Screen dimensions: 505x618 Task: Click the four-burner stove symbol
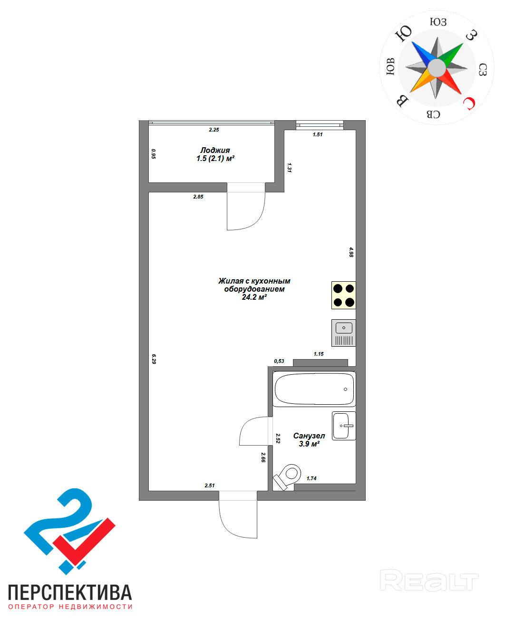pos(343,295)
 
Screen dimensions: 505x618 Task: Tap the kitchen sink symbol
pos(343,333)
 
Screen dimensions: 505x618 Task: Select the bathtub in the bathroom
pos(314,389)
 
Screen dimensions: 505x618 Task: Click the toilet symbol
pos(288,476)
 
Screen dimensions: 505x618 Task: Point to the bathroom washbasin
pos(343,426)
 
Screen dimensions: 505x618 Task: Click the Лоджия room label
pos(215,150)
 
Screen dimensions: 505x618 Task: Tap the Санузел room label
pos(309,436)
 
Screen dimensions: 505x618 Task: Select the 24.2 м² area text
pos(254,297)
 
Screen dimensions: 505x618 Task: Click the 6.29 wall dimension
pos(154,359)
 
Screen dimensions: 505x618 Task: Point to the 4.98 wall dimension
pos(351,252)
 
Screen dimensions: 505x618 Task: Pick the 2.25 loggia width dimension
pos(214,130)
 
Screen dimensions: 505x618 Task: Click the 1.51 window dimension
pos(318,134)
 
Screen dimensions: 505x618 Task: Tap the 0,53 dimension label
pos(279,361)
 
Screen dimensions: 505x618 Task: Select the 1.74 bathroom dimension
pos(311,478)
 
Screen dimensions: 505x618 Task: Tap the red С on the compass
pos(469,103)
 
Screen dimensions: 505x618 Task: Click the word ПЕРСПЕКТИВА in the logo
pos(70,592)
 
